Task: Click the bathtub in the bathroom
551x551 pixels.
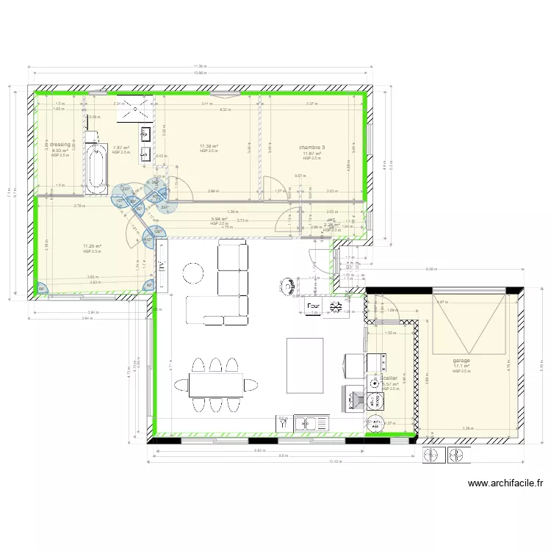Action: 93,170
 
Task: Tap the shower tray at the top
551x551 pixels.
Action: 137,109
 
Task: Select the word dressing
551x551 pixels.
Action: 60,145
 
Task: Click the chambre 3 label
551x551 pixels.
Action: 311,148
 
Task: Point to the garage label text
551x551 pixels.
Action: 461,361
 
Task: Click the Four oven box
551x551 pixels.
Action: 314,305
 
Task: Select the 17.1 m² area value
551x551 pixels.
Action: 461,367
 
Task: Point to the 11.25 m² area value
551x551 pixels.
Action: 92,246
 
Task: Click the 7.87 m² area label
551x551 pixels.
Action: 120,148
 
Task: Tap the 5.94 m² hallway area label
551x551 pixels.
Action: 219,219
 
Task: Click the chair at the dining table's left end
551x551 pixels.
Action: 181,385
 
